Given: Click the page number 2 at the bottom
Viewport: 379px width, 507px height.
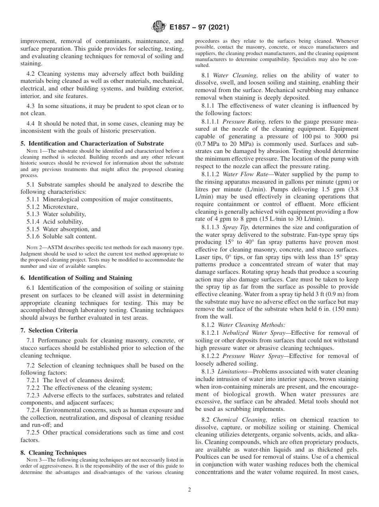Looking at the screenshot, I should pos(189,490).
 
